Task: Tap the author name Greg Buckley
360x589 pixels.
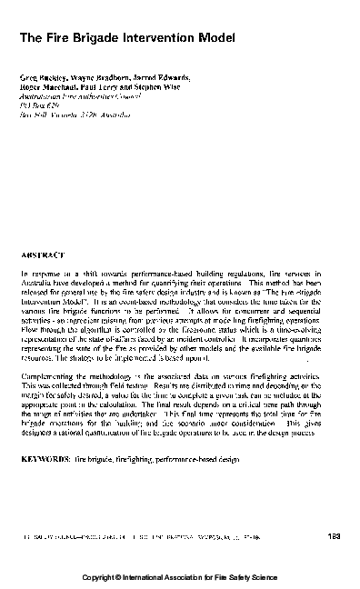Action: click(x=39, y=81)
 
